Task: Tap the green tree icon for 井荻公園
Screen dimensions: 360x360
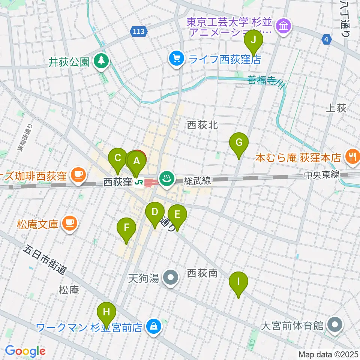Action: pyautogui.click(x=101, y=61)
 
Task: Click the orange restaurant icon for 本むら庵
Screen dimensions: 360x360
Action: pyautogui.click(x=352, y=157)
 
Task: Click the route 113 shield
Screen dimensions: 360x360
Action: pyautogui.click(x=138, y=32)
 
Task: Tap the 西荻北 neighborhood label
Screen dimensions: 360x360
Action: pyautogui.click(x=202, y=125)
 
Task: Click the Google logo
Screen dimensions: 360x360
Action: pyautogui.click(x=25, y=351)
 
